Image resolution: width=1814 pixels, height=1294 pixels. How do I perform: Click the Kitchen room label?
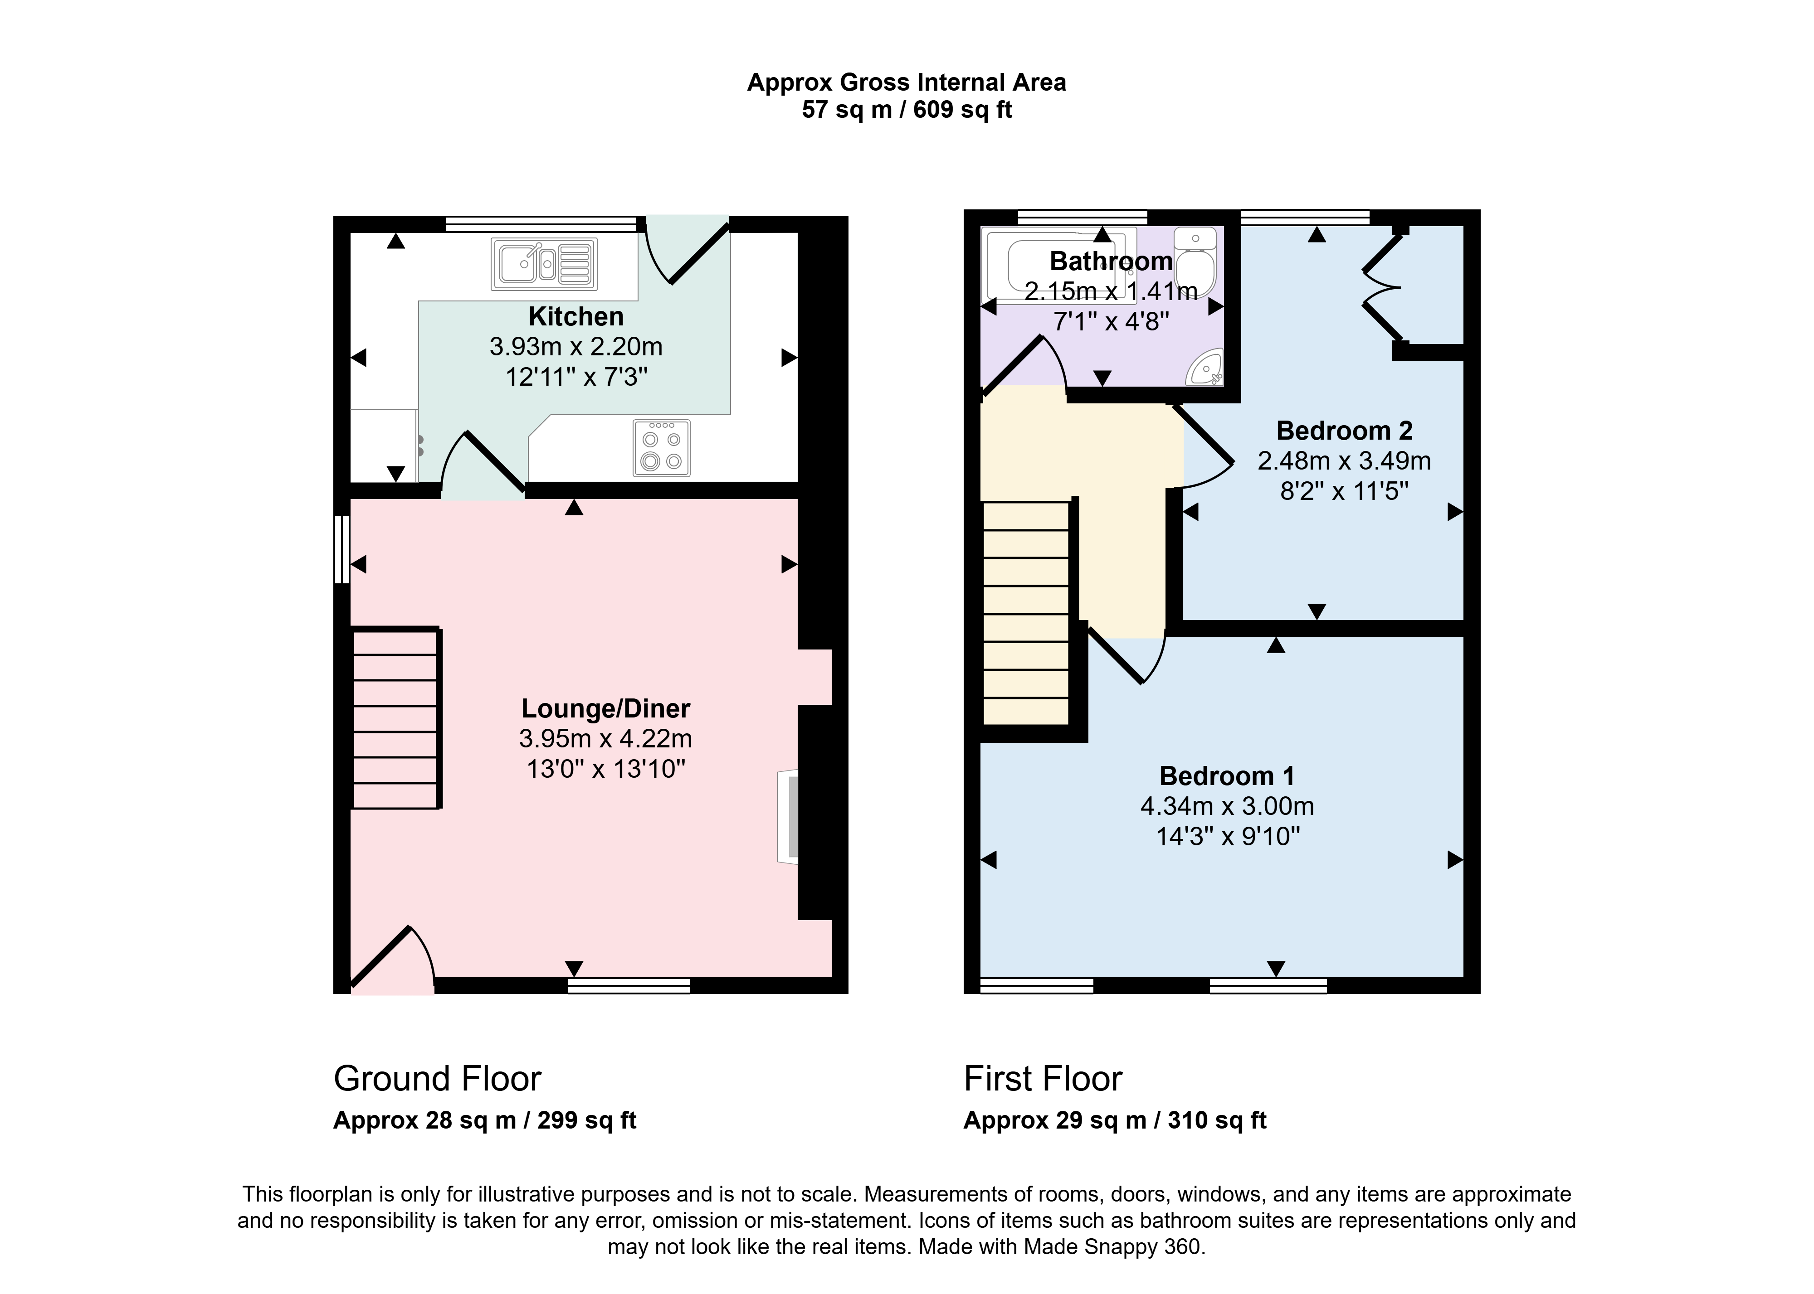tap(575, 316)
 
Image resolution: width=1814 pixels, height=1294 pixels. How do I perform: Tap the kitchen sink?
tap(544, 264)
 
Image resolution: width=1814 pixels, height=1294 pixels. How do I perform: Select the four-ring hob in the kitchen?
tap(662, 448)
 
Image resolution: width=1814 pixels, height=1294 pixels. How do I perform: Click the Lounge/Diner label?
tap(606, 708)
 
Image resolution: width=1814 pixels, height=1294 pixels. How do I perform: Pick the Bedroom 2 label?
tap(1345, 430)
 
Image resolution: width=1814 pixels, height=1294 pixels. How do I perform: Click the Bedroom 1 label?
tap(1228, 775)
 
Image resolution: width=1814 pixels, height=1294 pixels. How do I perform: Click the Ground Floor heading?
tap(438, 1079)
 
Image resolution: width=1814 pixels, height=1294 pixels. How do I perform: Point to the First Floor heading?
tap(1043, 1079)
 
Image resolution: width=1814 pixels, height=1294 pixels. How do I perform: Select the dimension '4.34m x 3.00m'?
tap(1228, 806)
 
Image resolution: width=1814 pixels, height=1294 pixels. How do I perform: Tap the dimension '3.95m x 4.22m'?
tap(606, 739)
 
